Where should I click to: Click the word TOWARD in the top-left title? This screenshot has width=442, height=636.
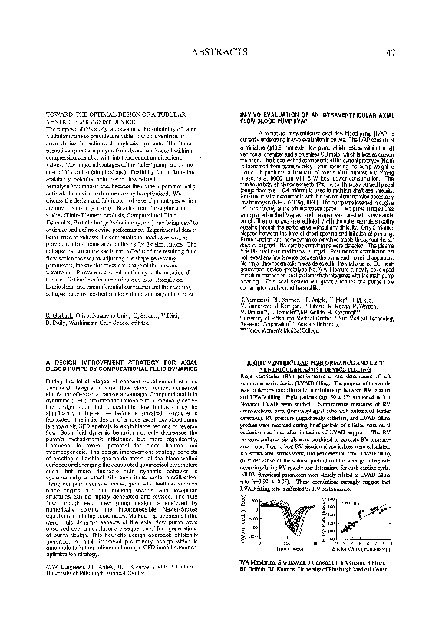click(x=60, y=114)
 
